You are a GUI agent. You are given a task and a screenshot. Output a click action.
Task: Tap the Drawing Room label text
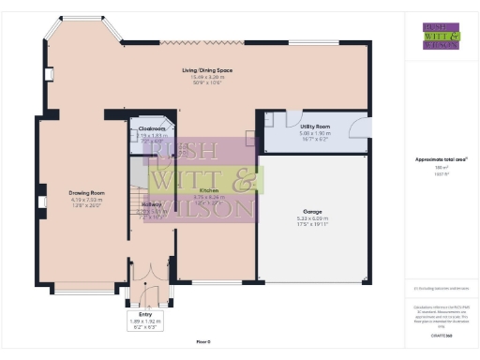(84, 194)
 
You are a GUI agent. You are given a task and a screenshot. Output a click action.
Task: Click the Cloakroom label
(151, 129)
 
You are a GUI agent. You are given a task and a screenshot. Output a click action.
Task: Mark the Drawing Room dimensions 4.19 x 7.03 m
(84, 201)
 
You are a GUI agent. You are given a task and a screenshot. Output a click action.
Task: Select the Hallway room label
(152, 204)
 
